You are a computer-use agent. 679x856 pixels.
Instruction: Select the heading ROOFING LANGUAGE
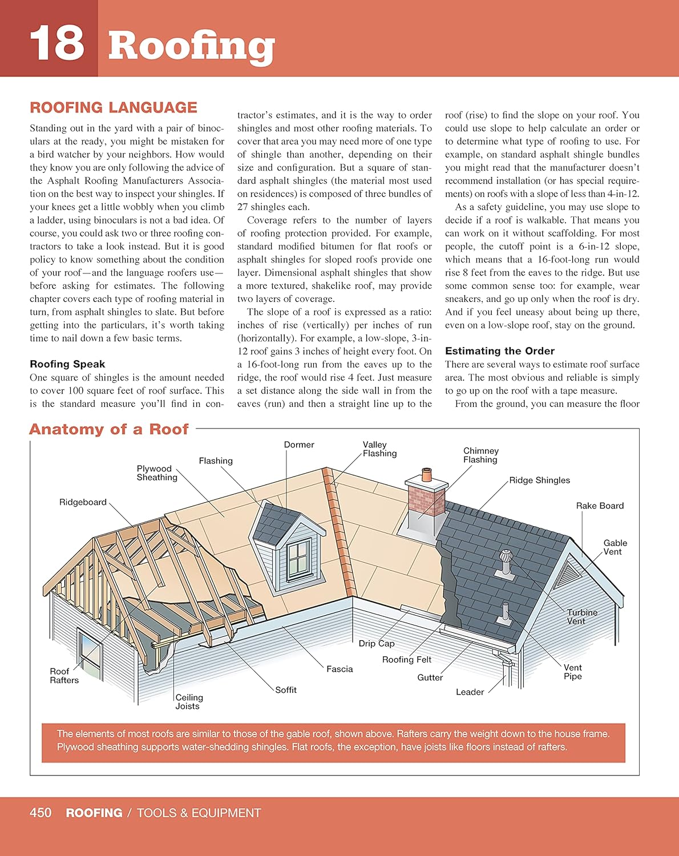113,107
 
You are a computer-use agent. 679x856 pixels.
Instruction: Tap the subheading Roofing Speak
67,364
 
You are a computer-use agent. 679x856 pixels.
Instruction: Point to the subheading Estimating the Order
499,351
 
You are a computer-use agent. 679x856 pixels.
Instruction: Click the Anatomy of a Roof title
108,429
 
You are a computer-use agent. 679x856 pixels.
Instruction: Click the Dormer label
299,445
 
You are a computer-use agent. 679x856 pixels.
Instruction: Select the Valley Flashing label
379,449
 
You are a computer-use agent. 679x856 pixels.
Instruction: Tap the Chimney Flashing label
480,455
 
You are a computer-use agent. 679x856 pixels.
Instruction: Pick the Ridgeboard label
83,502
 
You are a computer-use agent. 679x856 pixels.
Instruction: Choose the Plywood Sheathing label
156,473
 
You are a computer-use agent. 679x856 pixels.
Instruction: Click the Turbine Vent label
582,616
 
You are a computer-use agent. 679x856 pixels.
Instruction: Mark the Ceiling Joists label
189,702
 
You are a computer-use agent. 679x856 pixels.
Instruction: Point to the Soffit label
286,690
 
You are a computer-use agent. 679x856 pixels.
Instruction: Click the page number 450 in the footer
41,813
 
